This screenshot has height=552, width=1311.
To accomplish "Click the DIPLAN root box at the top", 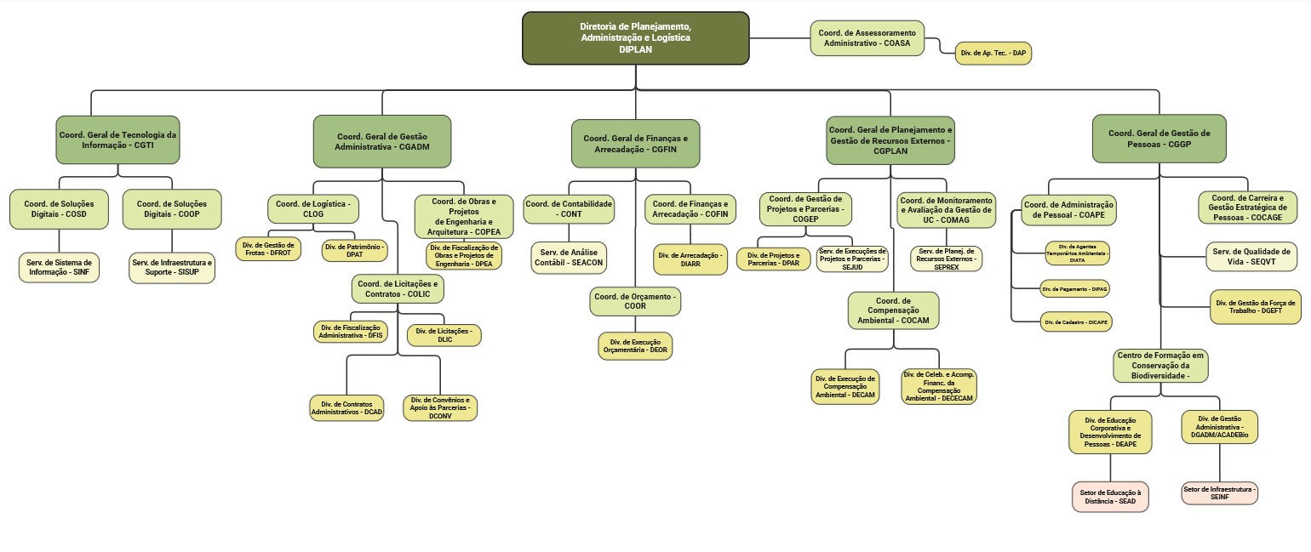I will [x=635, y=38].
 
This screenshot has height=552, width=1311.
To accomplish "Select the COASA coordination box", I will [x=867, y=37].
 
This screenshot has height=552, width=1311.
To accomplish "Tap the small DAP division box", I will [x=993, y=53].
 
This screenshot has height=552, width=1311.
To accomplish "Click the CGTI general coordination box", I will [x=117, y=139].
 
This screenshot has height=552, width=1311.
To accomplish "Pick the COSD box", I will [x=60, y=209].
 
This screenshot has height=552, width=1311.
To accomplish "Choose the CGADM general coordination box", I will [x=382, y=141].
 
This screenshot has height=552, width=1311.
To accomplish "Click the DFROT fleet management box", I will [x=267, y=248].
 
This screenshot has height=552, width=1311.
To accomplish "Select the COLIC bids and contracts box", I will [x=398, y=288].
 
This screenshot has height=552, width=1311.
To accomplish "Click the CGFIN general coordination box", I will [x=635, y=143].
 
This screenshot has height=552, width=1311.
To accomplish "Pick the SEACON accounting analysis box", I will [x=570, y=259].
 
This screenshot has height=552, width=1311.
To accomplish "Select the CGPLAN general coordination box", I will [x=890, y=140].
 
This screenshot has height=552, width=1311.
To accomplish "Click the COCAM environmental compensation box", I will [x=893, y=310].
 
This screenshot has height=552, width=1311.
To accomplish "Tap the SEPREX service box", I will [x=946, y=259].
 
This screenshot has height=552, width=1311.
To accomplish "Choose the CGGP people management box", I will [x=1159, y=139].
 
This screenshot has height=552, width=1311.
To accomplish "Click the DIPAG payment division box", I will [x=1074, y=288].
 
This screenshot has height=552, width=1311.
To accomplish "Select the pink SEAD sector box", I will [x=1109, y=497].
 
